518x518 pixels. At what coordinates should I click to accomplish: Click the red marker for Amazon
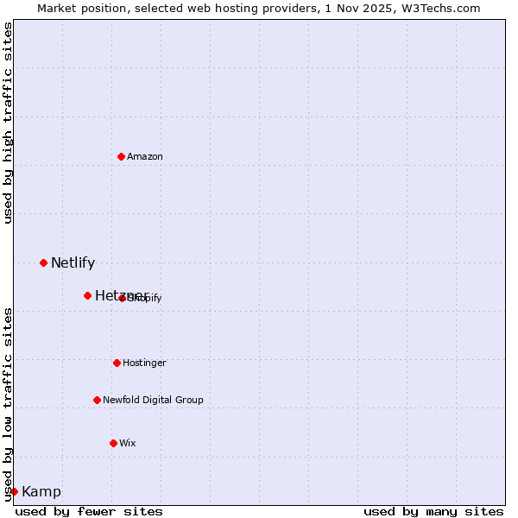click(x=121, y=156)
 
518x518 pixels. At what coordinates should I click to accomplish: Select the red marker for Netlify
click(x=43, y=262)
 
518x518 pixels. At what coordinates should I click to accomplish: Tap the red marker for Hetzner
click(x=87, y=295)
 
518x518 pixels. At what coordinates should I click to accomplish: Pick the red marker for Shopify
click(x=122, y=298)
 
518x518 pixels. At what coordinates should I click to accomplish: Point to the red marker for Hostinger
click(x=117, y=363)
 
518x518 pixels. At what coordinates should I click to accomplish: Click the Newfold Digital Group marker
click(x=97, y=400)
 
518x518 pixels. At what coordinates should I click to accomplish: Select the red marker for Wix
click(x=113, y=443)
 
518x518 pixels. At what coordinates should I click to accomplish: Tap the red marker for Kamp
click(x=14, y=491)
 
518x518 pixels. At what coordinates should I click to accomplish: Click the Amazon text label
click(x=145, y=156)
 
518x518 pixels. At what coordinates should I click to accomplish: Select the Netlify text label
click(x=73, y=263)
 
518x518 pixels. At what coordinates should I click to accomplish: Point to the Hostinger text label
click(x=144, y=363)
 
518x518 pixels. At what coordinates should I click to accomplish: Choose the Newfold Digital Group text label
click(x=153, y=400)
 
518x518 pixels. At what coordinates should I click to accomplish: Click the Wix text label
click(x=128, y=443)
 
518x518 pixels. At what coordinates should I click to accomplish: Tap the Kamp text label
click(x=41, y=492)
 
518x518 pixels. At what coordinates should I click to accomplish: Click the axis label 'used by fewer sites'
click(x=89, y=511)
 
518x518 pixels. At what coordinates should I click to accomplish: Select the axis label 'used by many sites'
click(x=433, y=511)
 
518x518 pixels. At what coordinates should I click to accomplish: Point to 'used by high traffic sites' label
click(x=9, y=123)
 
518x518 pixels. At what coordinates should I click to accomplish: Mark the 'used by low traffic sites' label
click(x=9, y=403)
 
